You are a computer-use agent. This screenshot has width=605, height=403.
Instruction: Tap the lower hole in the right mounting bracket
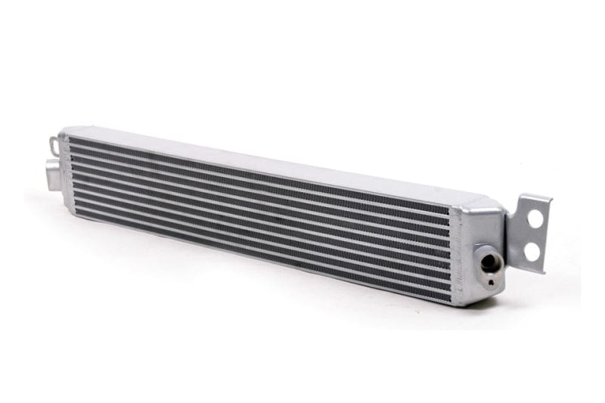(x=535, y=249)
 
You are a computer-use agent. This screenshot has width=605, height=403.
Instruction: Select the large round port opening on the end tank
(x=489, y=262)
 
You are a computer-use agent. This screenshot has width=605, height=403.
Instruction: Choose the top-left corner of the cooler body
(x=62, y=130)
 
